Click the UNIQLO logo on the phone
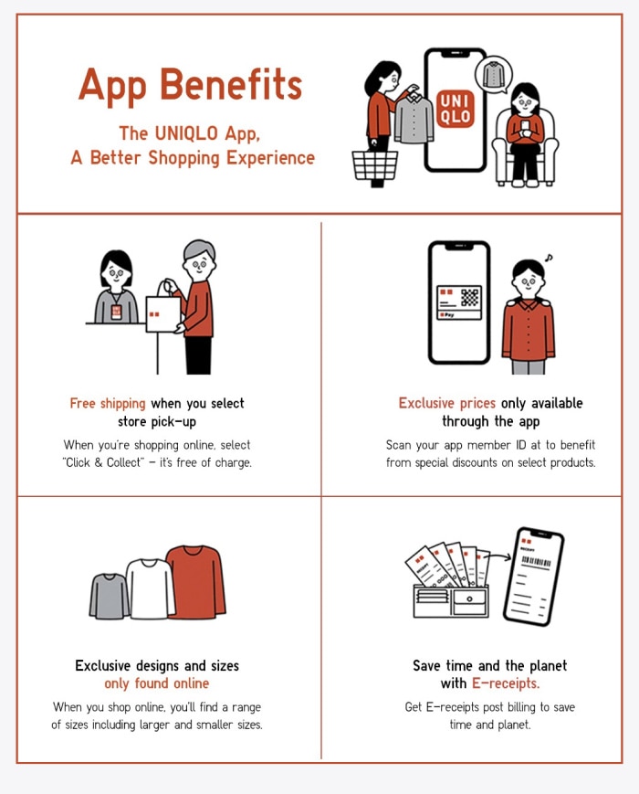[x=455, y=109]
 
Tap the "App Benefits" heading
[x=190, y=86]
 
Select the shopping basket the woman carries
[x=375, y=165]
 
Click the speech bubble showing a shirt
[x=493, y=76]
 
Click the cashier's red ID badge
[x=116, y=312]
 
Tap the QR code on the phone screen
[x=469, y=297]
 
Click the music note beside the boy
[x=549, y=258]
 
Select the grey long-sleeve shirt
[x=110, y=597]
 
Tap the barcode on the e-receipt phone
[x=536, y=562]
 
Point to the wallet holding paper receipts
[x=451, y=600]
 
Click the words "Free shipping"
[x=108, y=404]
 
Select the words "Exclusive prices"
[x=446, y=403]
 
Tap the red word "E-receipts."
[x=506, y=683]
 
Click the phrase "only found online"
[x=157, y=683]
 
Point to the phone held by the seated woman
[x=525, y=125]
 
